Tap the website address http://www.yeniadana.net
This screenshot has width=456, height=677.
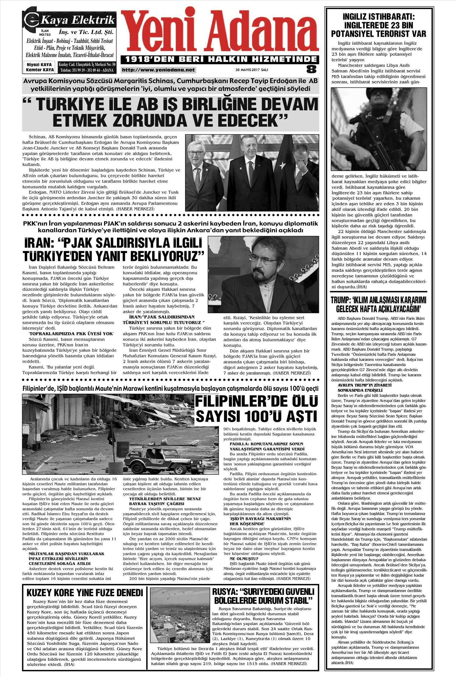click(158, 70)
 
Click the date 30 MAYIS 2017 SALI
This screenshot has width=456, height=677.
click(252, 70)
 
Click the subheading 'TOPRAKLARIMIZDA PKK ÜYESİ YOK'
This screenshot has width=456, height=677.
click(71, 333)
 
